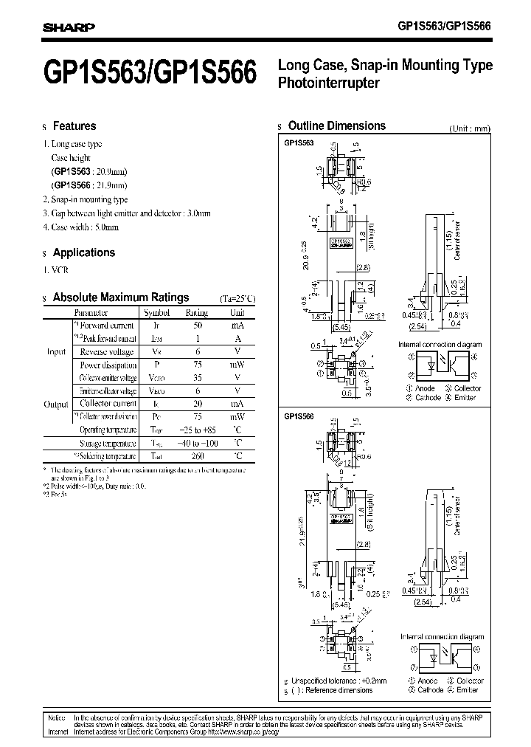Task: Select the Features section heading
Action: [74, 126]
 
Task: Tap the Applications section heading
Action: [84, 252]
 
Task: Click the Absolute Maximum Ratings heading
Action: [121, 297]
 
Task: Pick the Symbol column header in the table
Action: [156, 312]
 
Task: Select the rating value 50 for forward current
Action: [198, 325]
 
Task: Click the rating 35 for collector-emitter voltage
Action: [198, 377]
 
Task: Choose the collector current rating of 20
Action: [198, 404]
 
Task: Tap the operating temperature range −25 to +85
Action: [198, 430]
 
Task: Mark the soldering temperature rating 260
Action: [198, 457]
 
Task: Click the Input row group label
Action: [57, 351]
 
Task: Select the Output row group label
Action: [56, 405]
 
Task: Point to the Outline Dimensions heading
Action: [336, 126]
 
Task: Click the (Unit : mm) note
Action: [469, 128]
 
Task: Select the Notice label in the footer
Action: [57, 717]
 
